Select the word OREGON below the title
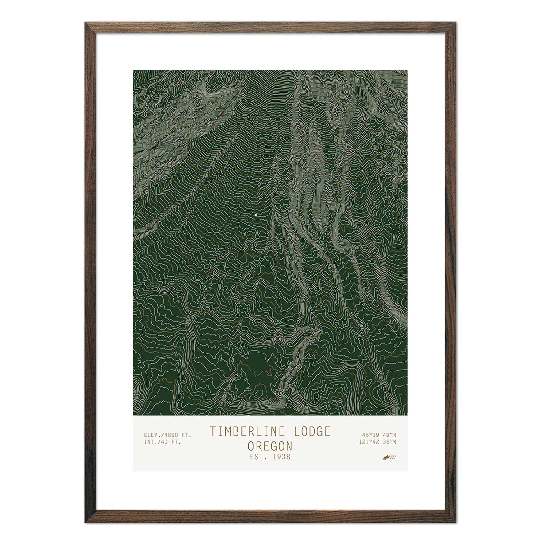(270, 446)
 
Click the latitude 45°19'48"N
(378, 435)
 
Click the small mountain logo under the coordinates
(386, 457)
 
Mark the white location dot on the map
(256, 215)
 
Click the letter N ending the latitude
(394, 435)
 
